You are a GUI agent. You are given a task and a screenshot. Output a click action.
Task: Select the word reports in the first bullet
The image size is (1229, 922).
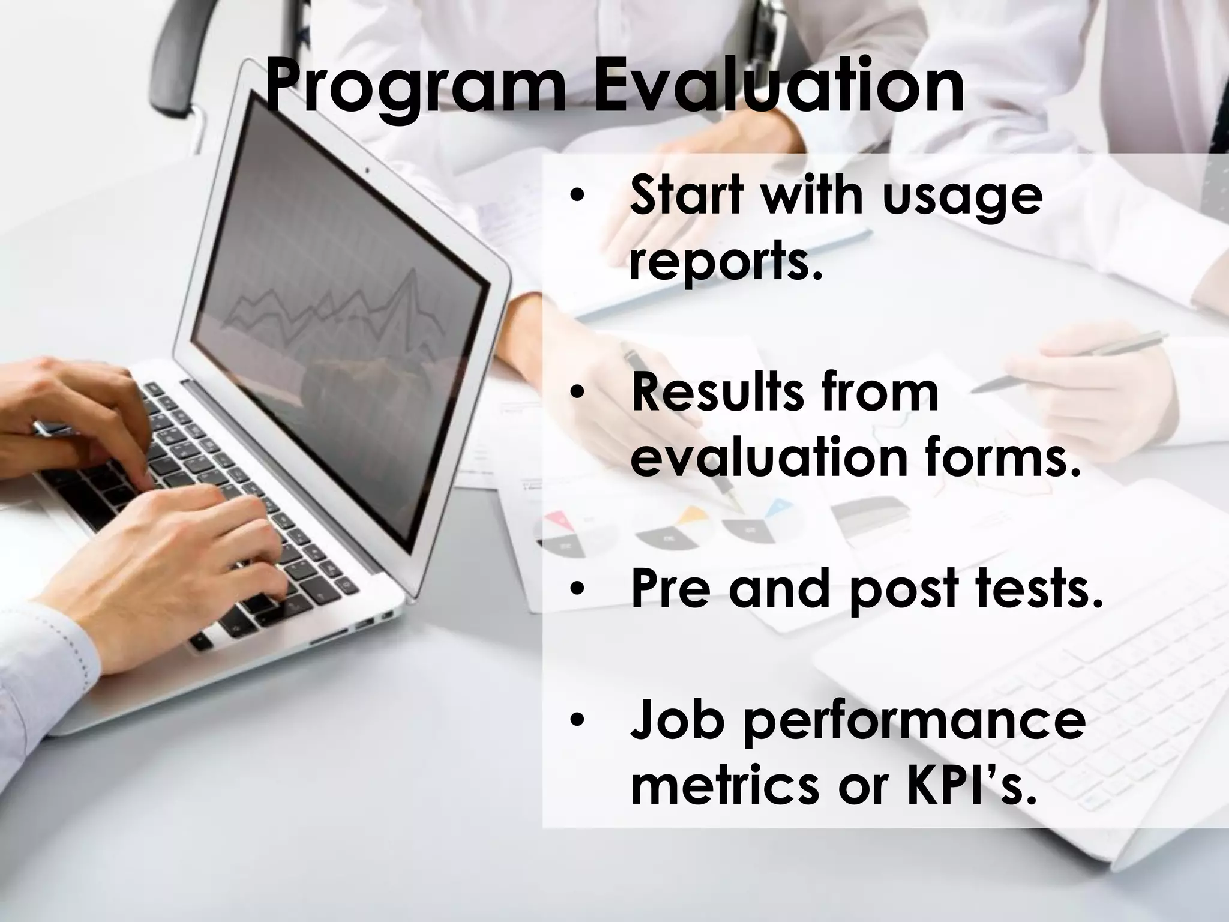[723, 264]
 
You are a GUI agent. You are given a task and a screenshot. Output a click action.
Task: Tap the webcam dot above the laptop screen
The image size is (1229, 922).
[367, 170]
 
